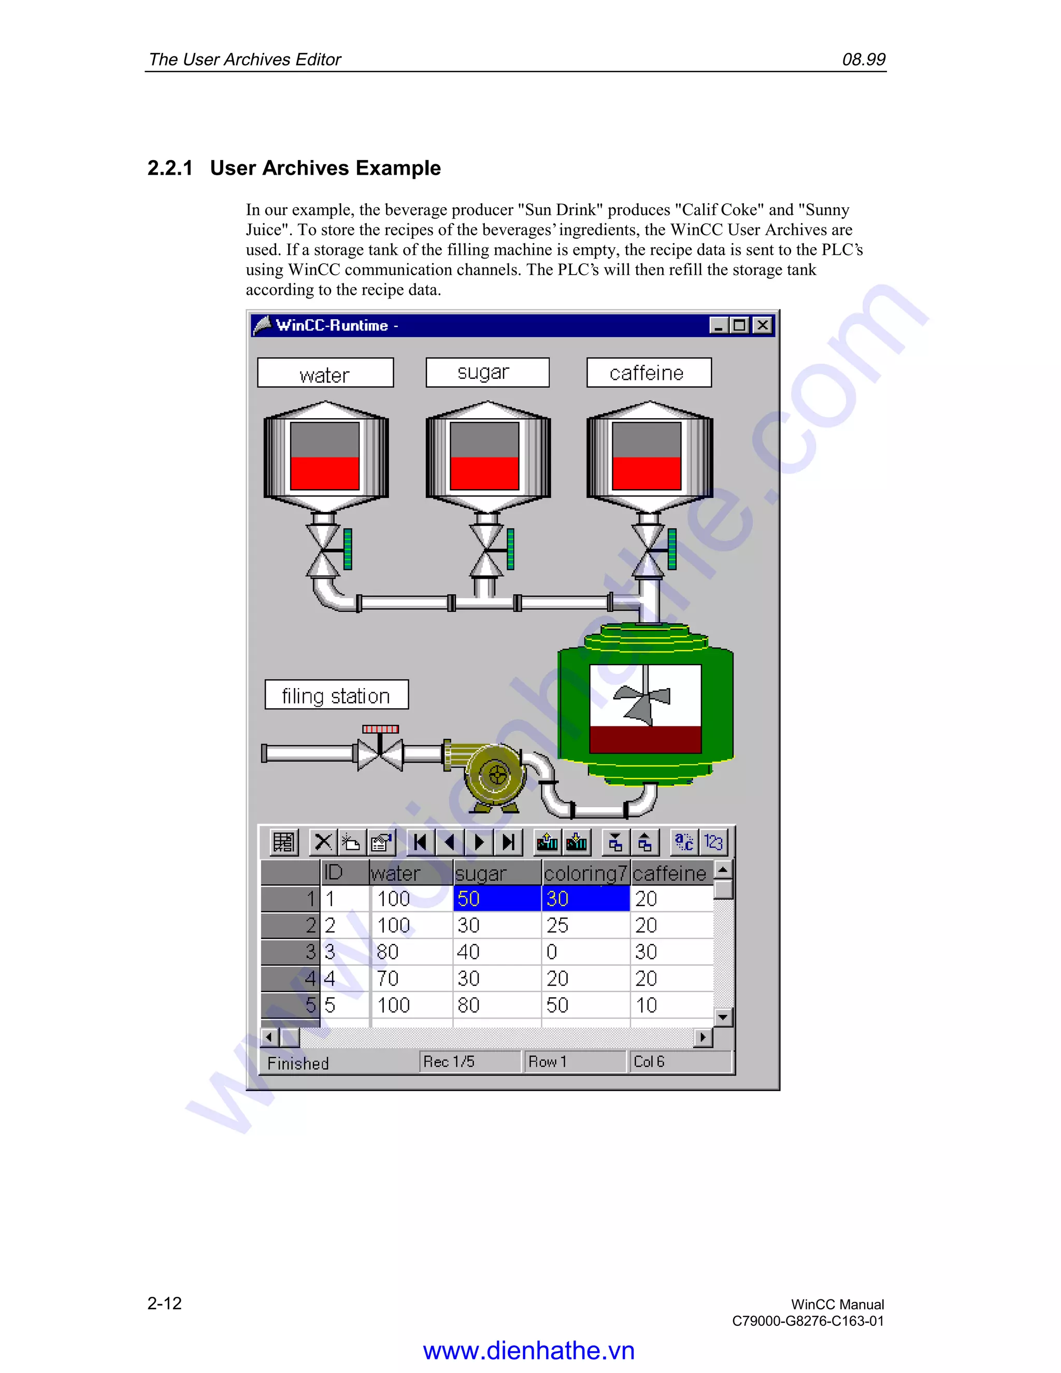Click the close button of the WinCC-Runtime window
[763, 325]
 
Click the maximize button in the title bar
[740, 325]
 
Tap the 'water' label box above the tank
[325, 374]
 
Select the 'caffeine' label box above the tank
[649, 373]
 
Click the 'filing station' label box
[336, 695]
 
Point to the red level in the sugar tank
[484, 473]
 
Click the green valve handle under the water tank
[348, 549]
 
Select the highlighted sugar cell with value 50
[496, 899]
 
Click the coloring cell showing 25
[584, 925]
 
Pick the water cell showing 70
[411, 978]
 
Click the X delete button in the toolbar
[323, 842]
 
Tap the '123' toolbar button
[713, 842]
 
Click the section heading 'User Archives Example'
[325, 168]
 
